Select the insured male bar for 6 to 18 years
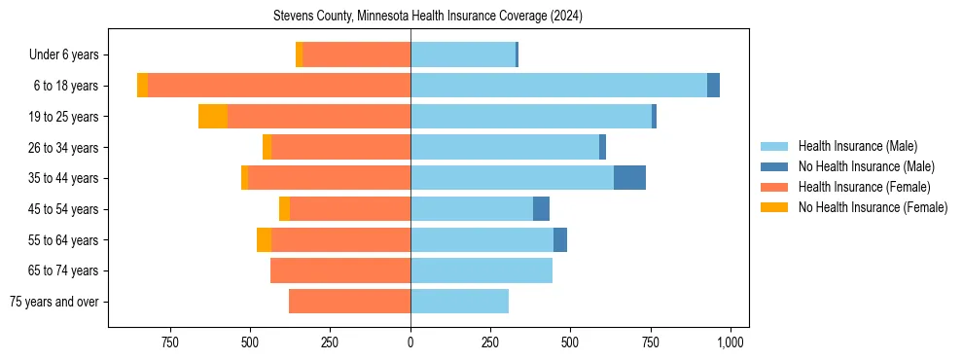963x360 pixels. [558, 86]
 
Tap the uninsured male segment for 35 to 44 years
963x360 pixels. [629, 178]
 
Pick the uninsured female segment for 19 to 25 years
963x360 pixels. [213, 117]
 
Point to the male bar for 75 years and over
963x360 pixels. [459, 302]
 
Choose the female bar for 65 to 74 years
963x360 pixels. [340, 270]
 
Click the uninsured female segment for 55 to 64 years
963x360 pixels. [264, 240]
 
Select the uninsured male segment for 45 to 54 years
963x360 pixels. [541, 209]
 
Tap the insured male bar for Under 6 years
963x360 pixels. [463, 54]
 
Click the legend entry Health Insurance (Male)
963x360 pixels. [856, 146]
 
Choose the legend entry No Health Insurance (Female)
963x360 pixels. [873, 207]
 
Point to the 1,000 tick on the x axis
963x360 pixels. [731, 342]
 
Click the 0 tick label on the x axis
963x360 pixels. [410, 342]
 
